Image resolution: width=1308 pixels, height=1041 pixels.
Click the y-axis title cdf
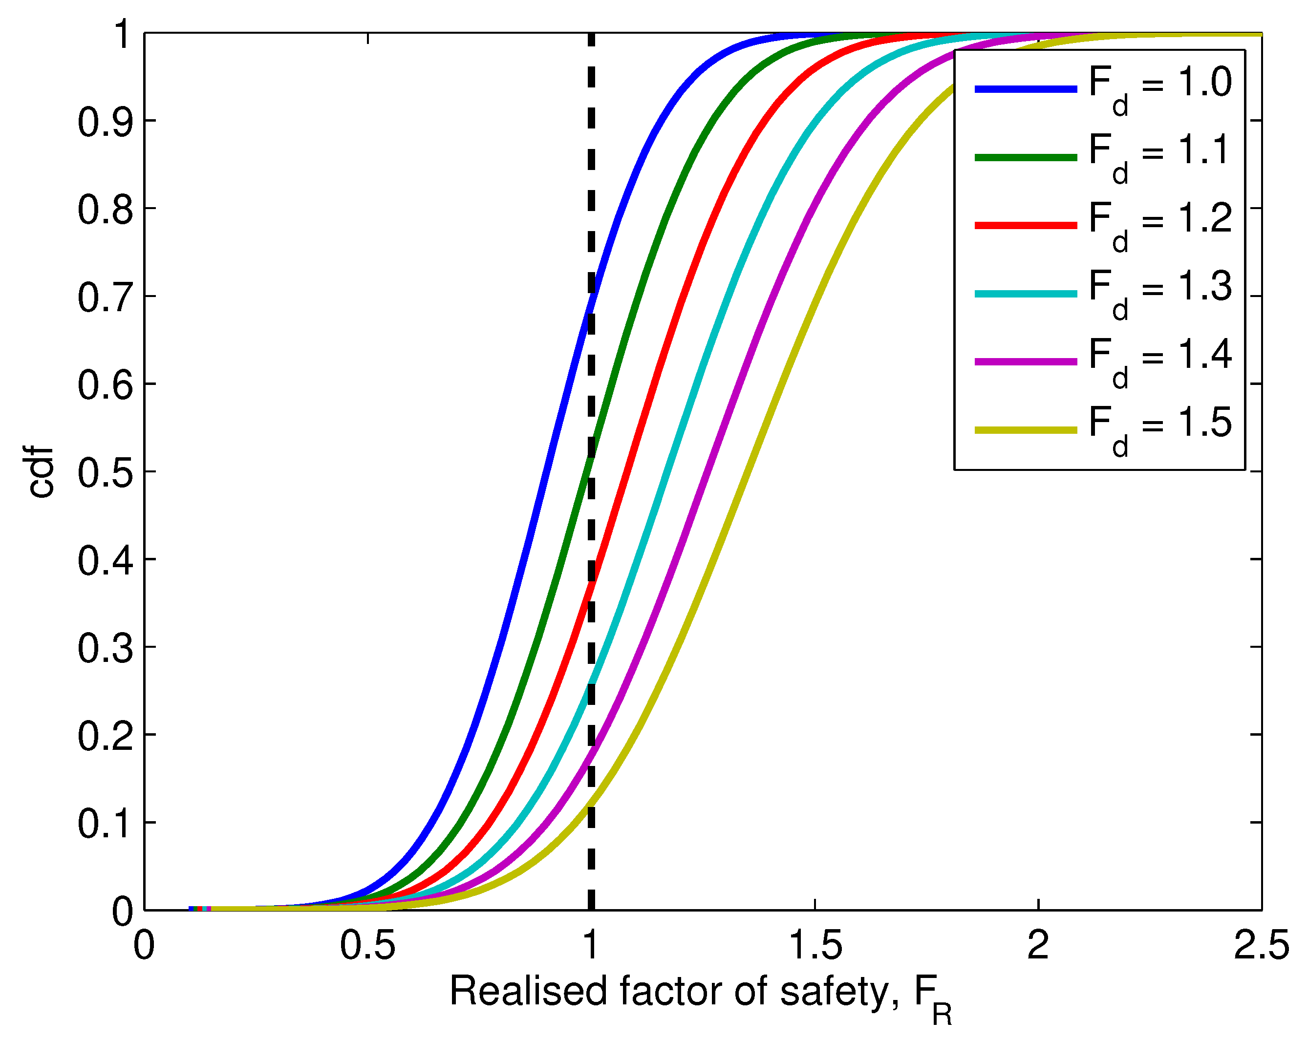pos(41,472)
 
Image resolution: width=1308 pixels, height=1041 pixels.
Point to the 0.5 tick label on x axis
pos(367,945)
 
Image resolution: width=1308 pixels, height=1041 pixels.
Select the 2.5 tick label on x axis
pos(1261,945)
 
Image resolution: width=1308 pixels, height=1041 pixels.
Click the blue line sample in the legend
pos(1025,89)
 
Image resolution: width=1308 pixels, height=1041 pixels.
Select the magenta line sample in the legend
pos(1025,361)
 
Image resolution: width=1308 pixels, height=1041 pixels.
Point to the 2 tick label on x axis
pos(1038,945)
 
